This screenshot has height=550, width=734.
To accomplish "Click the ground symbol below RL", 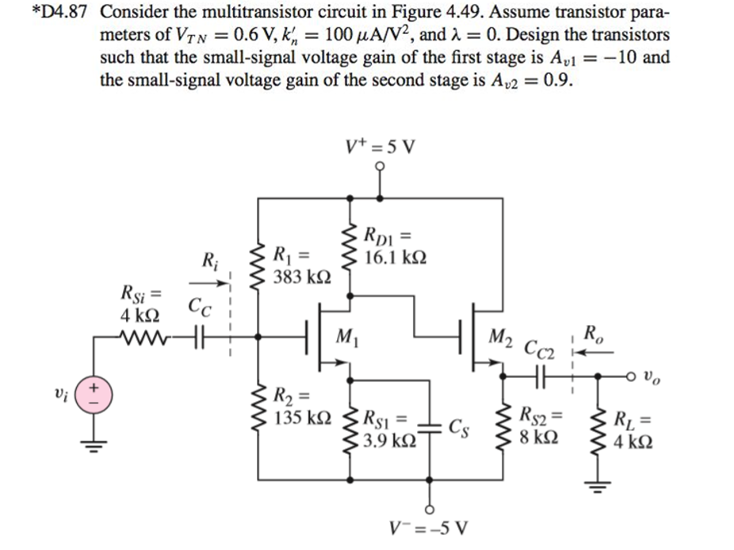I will click(600, 486).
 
